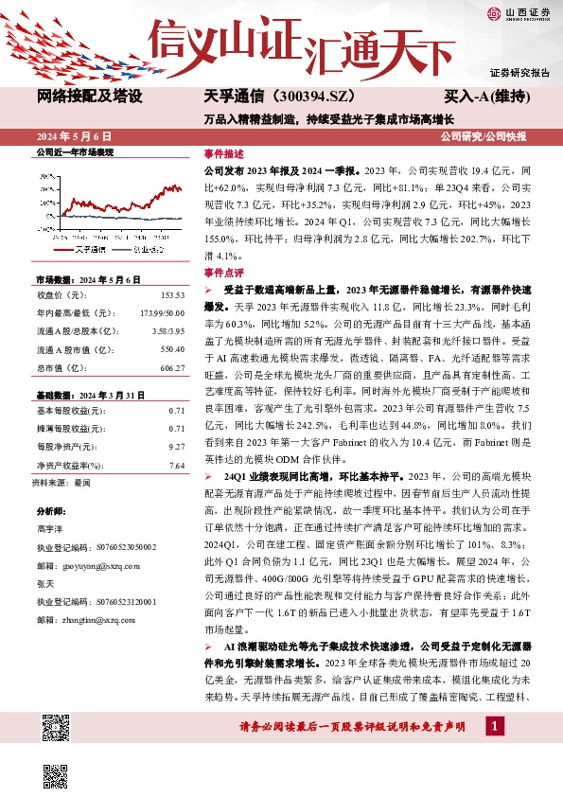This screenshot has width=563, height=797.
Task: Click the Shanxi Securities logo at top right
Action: tap(519, 13)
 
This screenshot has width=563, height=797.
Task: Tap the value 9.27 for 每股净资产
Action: tap(176, 445)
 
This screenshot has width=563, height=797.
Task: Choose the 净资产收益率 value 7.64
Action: tap(176, 465)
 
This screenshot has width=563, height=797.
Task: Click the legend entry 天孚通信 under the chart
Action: tap(88, 251)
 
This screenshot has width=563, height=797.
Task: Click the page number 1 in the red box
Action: tap(494, 725)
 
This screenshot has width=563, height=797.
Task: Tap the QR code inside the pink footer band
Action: tap(58, 729)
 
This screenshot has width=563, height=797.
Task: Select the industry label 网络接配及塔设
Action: tap(90, 97)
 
